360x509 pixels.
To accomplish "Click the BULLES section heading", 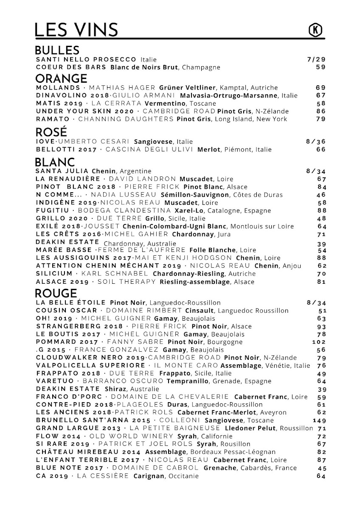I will pos(57,50).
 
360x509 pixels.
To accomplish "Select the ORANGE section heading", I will pos(61,78).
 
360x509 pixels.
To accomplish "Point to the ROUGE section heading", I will pos(56,293).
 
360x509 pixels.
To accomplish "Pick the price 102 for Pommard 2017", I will pos(319,341).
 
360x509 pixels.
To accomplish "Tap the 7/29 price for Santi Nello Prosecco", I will pos(316,59).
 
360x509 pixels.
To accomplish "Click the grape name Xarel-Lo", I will pos(188,210).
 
